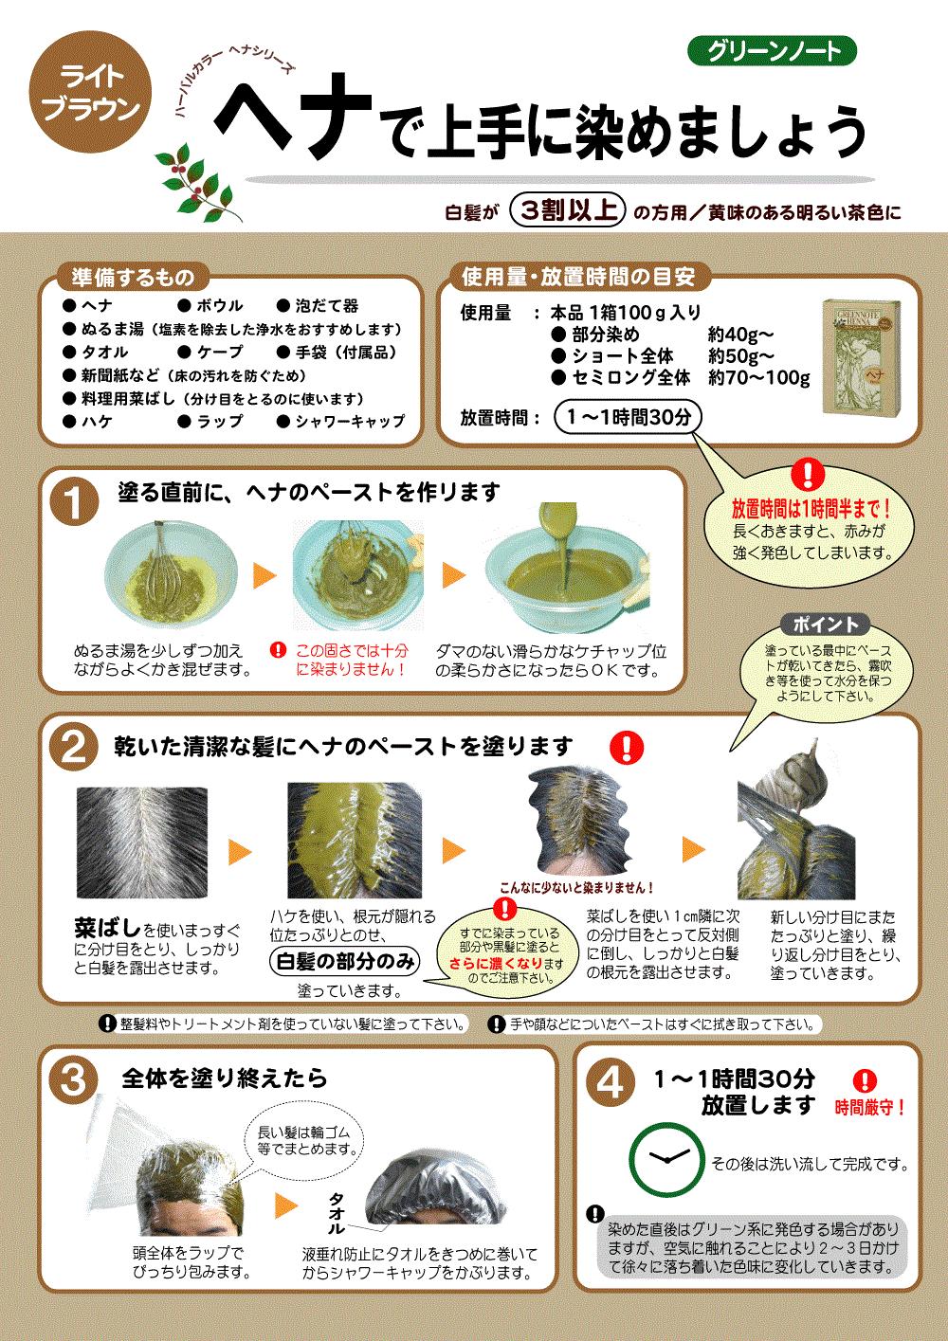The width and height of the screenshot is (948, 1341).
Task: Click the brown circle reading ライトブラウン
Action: (x=90, y=94)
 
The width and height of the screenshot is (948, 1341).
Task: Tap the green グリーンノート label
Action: (x=773, y=51)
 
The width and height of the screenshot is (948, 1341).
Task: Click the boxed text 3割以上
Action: (x=567, y=210)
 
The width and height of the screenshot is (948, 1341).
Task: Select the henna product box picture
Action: (x=861, y=356)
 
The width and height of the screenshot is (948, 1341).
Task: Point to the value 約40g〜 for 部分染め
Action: (x=740, y=334)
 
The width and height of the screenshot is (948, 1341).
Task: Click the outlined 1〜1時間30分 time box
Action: (x=628, y=417)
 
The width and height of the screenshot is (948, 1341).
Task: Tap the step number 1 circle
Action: (x=75, y=503)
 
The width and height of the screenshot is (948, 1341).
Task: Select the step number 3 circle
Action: (x=74, y=1080)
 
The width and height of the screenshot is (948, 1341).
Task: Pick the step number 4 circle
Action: (x=611, y=1082)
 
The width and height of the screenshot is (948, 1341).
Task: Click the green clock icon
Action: (x=666, y=1160)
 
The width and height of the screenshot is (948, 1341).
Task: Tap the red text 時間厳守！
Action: (x=869, y=1107)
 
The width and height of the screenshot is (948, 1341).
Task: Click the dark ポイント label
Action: (x=825, y=625)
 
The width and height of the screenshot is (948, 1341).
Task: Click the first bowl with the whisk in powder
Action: (x=171, y=575)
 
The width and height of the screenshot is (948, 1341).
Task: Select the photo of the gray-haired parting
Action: (x=142, y=842)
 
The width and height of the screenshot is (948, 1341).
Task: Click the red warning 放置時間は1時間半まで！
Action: (x=811, y=510)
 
